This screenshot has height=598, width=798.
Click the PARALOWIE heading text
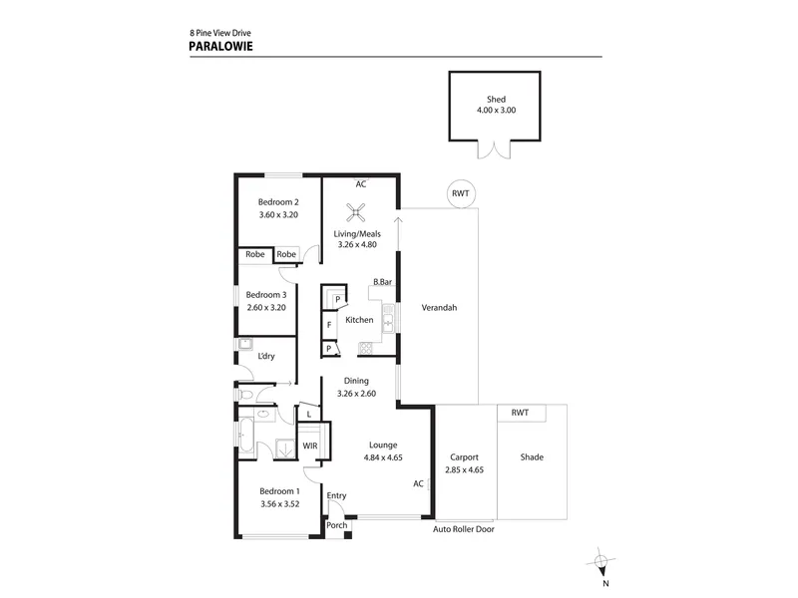click(x=220, y=46)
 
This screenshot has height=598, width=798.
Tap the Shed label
click(x=496, y=99)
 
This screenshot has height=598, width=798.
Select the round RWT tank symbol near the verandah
click(x=461, y=193)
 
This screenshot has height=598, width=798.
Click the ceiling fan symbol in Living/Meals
click(x=356, y=212)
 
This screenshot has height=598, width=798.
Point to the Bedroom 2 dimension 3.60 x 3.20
click(x=278, y=214)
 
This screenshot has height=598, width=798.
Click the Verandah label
click(x=439, y=307)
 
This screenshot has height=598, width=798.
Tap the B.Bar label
click(x=382, y=281)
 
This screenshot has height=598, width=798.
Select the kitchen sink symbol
click(x=388, y=319)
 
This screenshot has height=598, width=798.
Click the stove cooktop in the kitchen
click(x=365, y=348)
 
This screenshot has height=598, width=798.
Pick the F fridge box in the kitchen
click(x=329, y=325)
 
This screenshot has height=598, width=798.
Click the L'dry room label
click(x=266, y=356)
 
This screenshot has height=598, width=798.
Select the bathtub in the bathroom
click(x=245, y=436)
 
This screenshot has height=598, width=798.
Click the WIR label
click(x=310, y=446)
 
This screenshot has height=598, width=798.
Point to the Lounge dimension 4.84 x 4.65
click(x=383, y=457)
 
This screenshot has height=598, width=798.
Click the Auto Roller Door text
click(x=464, y=529)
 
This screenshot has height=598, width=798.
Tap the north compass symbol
click(x=601, y=561)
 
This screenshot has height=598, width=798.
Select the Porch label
click(x=336, y=525)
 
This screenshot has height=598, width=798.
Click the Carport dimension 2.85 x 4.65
click(x=464, y=469)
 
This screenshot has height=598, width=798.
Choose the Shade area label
click(x=532, y=457)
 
